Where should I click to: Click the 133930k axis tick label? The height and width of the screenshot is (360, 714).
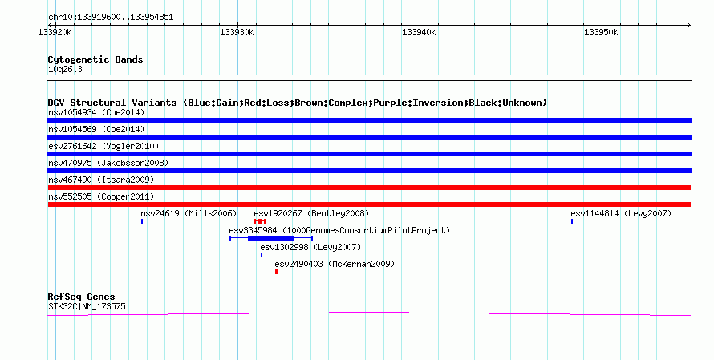[x=237, y=32]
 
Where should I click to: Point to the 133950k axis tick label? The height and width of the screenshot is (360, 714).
[x=601, y=32]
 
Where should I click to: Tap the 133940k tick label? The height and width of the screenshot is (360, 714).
[x=419, y=32]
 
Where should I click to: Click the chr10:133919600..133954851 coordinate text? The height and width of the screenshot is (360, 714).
[x=111, y=18]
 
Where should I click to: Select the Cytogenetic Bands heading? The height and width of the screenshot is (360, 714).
[x=95, y=59]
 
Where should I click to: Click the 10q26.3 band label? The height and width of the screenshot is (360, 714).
[x=65, y=70]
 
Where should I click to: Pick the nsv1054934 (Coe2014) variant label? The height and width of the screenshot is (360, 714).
[x=96, y=112]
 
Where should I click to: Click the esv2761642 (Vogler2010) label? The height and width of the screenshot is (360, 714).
[x=103, y=146]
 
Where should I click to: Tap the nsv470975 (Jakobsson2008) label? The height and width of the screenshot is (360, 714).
[x=108, y=163]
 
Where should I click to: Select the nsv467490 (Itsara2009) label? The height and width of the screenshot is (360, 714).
[x=101, y=180]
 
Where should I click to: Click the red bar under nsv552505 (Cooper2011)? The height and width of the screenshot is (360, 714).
[x=369, y=204]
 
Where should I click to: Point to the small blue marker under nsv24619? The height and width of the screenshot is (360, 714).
[x=142, y=221]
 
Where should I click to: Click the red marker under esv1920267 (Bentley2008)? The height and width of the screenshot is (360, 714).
[x=260, y=221]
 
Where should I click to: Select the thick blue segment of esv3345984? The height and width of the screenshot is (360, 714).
[x=270, y=238]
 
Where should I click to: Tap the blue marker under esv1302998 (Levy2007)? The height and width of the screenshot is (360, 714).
[x=262, y=255]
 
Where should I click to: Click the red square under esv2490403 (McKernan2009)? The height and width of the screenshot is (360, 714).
[x=277, y=272]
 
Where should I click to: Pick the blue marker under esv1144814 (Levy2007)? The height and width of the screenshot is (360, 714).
[x=572, y=221]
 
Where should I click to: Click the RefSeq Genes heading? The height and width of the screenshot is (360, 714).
[x=81, y=297]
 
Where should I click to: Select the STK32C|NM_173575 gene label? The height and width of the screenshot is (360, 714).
[x=87, y=307]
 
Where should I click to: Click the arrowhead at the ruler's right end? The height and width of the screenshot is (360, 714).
[x=689, y=26]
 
